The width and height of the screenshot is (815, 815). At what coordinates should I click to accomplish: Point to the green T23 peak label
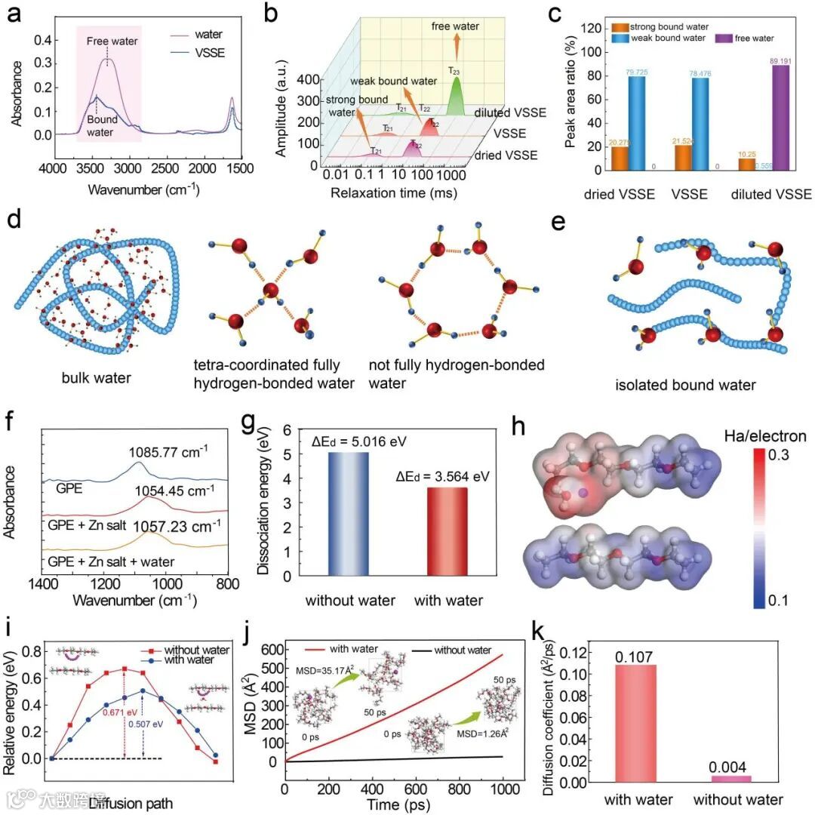click(454, 71)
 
